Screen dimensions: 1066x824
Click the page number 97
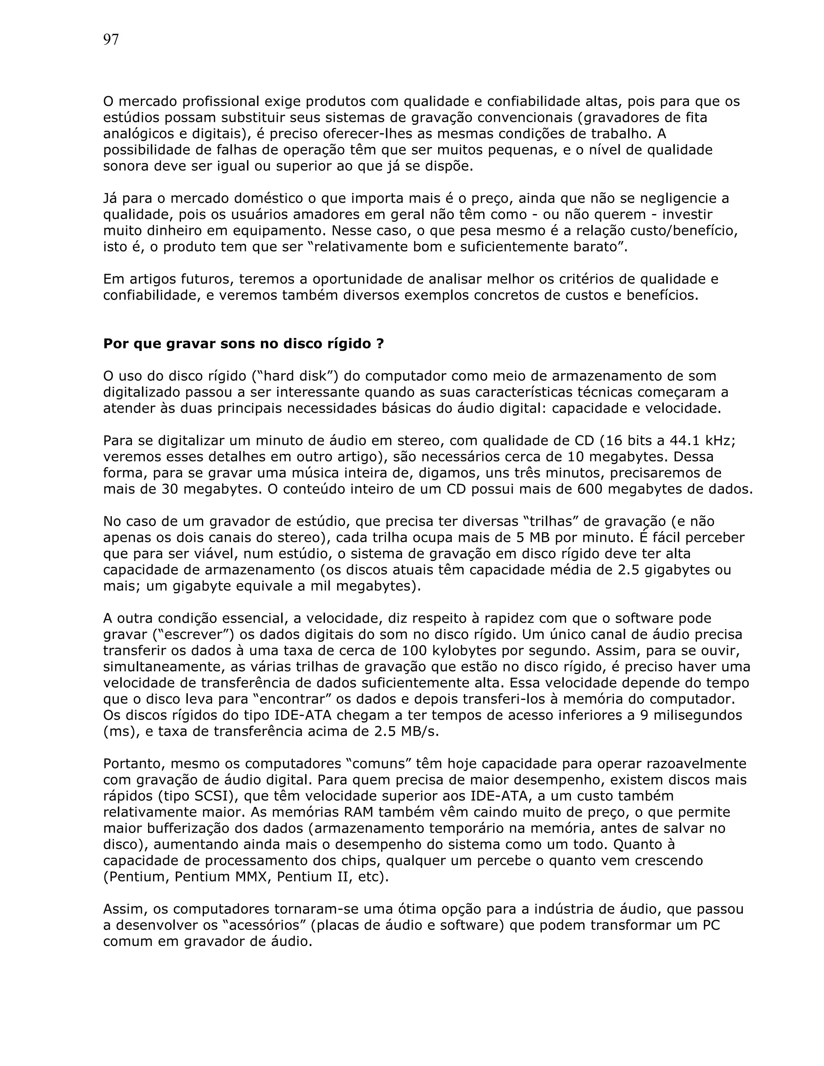[x=111, y=39]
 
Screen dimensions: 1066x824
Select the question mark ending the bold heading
[x=380, y=344]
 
